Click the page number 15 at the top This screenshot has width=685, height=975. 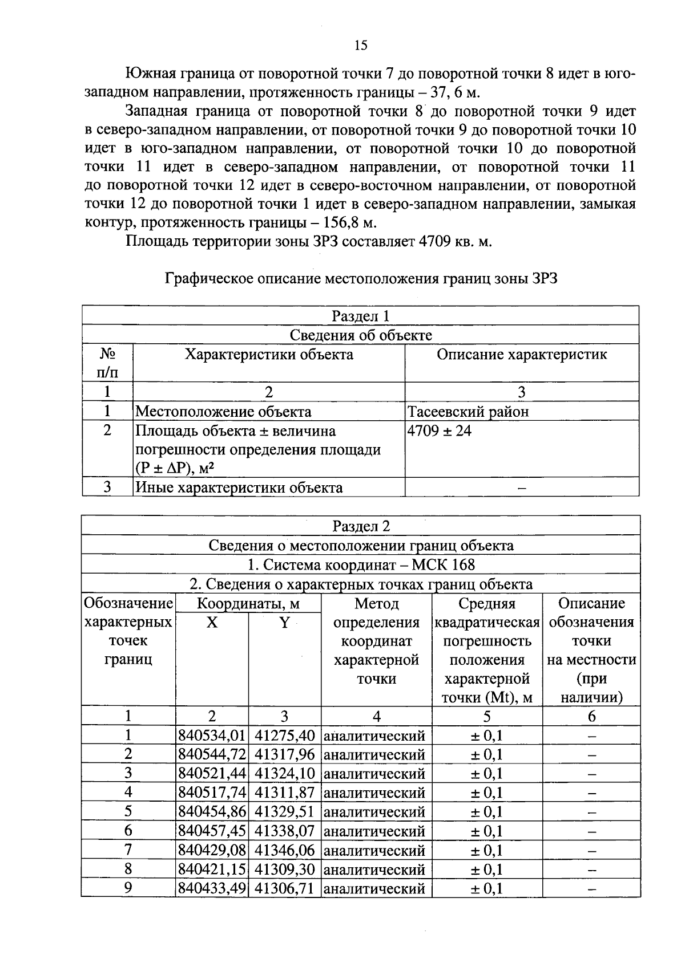(360, 46)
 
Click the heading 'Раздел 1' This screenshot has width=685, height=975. (360, 316)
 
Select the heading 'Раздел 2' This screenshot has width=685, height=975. (361, 526)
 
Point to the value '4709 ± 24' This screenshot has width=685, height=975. (440, 431)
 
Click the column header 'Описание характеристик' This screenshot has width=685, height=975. (522, 355)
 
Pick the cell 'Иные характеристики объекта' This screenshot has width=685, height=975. (239, 488)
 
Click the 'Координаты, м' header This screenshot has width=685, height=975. (248, 604)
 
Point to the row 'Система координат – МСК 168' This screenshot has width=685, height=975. (361, 565)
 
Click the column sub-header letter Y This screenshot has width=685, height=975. (284, 623)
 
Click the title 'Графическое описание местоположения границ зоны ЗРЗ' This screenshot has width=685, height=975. (360, 279)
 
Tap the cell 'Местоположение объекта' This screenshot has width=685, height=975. (223, 412)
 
